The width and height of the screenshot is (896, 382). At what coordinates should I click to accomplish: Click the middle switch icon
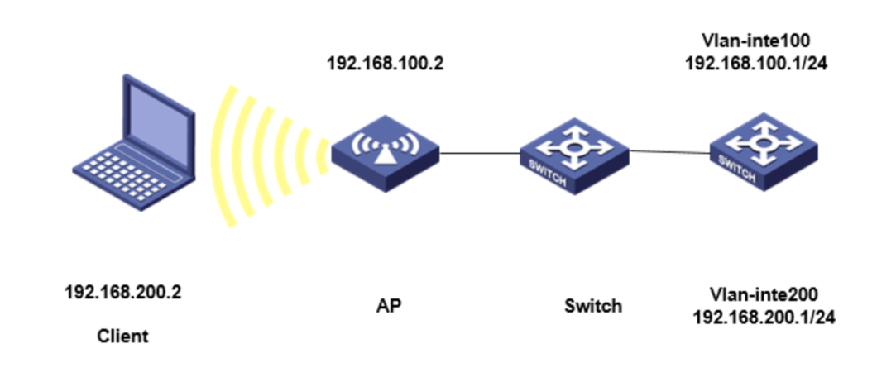(x=573, y=154)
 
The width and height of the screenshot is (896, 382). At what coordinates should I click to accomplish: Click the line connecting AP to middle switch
(x=479, y=152)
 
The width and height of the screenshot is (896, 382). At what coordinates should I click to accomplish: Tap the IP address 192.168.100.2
(x=385, y=64)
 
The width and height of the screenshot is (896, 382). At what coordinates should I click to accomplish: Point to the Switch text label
(x=592, y=305)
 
